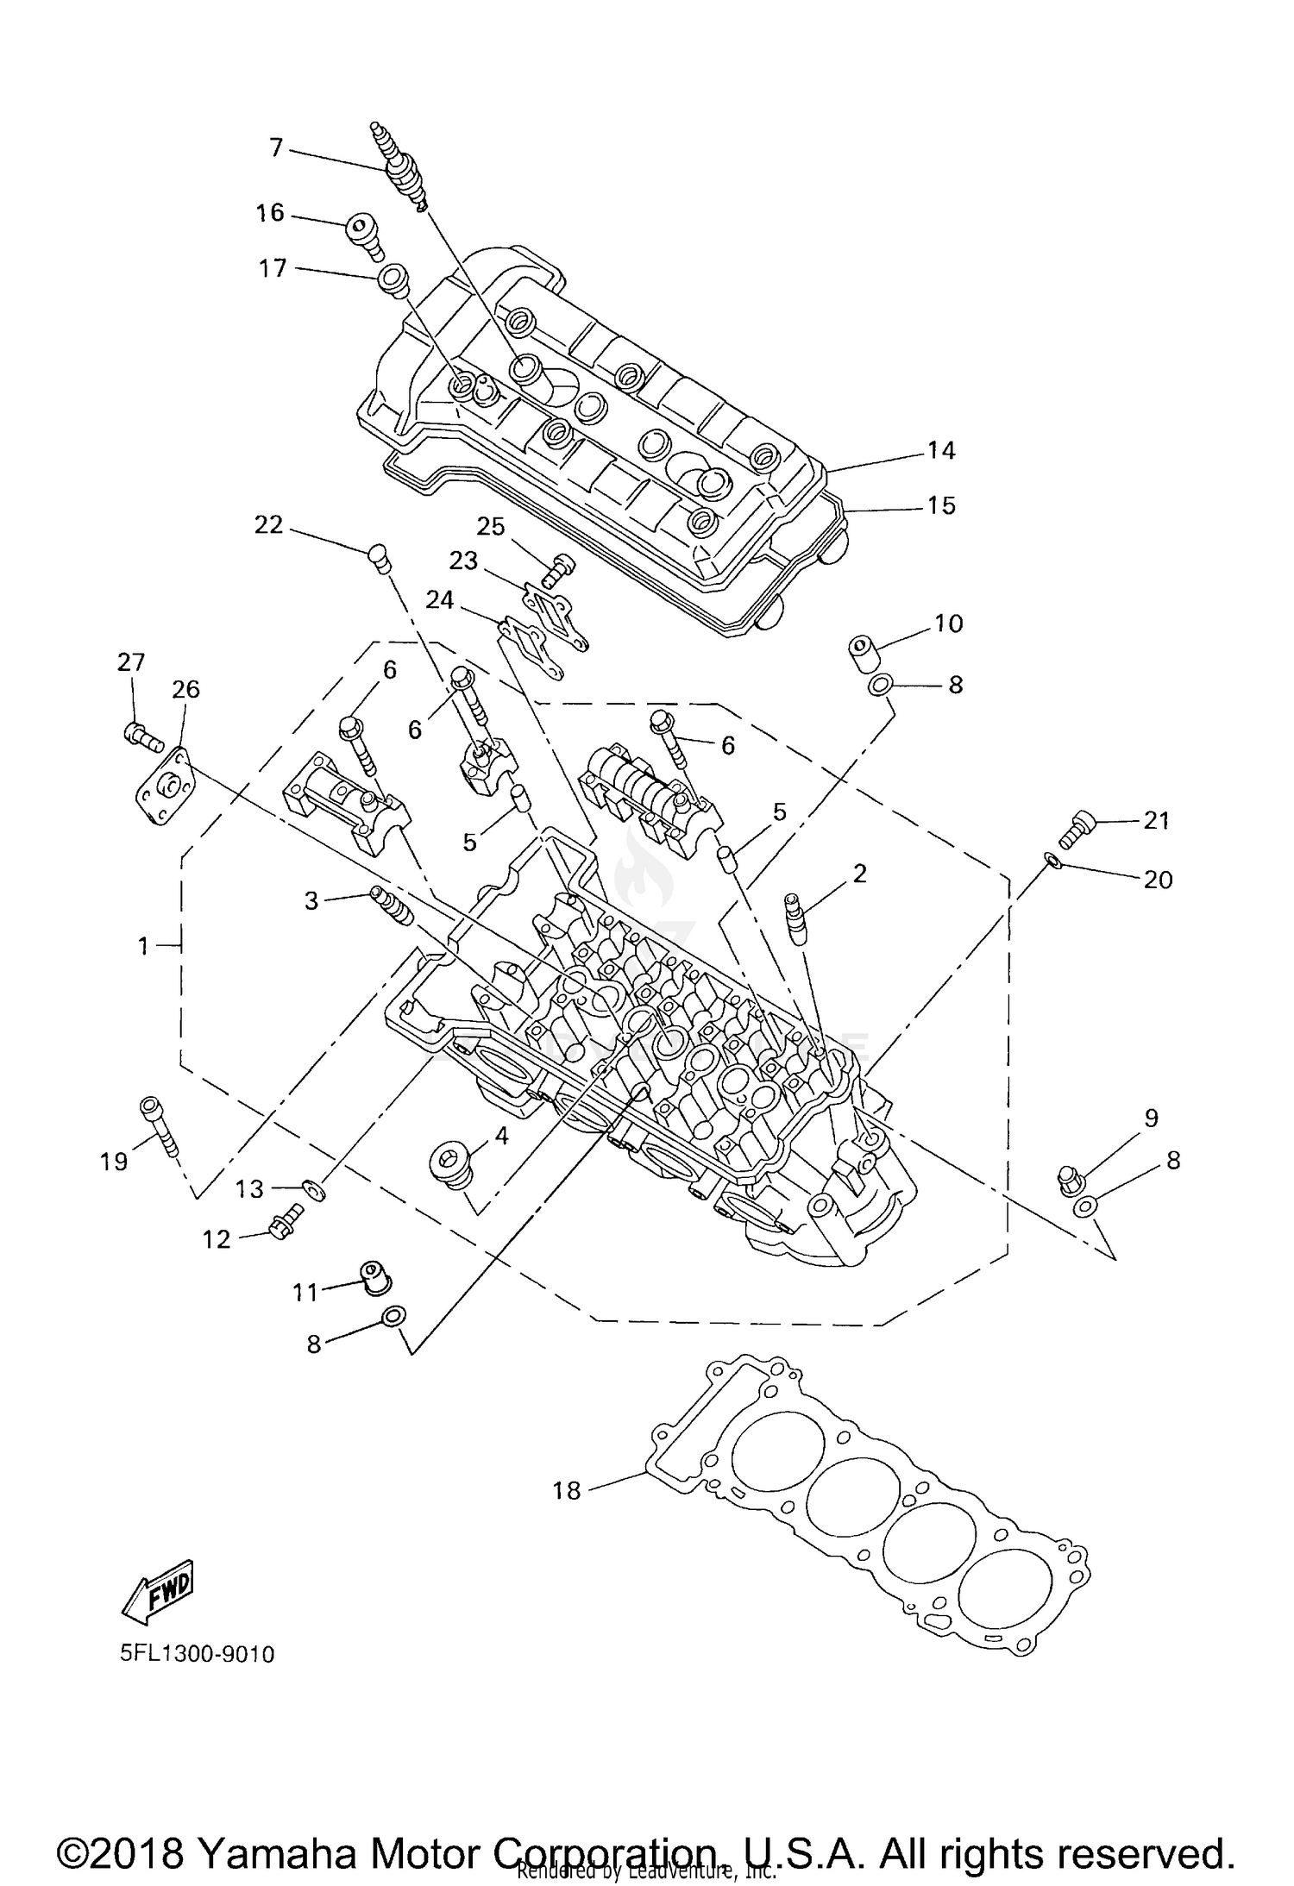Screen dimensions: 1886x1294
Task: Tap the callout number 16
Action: (x=270, y=212)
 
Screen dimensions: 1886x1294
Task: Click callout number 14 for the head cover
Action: (x=941, y=450)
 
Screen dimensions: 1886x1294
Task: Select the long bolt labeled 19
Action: (x=159, y=1125)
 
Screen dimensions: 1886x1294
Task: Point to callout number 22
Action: (x=268, y=524)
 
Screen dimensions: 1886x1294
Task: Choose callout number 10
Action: (x=948, y=623)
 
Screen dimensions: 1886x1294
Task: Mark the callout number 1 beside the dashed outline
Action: (x=144, y=946)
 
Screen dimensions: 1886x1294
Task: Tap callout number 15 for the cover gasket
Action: (x=941, y=504)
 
